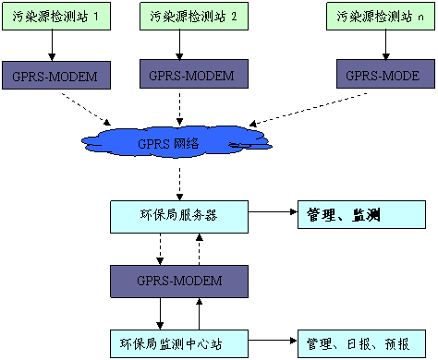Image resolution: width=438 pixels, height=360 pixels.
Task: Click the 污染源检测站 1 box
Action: [x=56, y=17]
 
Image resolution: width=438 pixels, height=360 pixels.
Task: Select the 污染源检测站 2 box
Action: [x=194, y=17]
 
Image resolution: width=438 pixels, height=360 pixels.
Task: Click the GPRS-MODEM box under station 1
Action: [x=55, y=76]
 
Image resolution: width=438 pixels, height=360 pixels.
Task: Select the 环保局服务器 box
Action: [x=178, y=216]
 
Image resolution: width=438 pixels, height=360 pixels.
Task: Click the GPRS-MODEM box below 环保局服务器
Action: [x=178, y=281]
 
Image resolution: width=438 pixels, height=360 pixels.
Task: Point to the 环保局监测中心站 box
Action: [x=178, y=344]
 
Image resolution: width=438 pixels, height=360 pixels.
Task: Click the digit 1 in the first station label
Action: [x=95, y=17]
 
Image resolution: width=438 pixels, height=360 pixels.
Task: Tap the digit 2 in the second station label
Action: [x=233, y=17]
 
